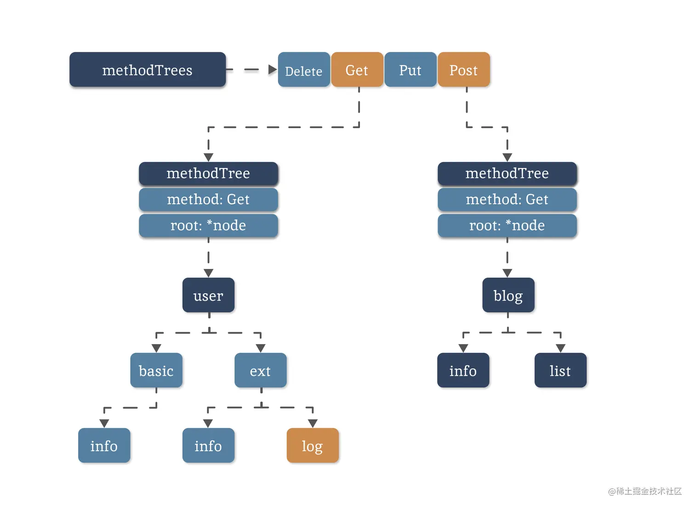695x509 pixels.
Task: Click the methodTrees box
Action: pyautogui.click(x=148, y=70)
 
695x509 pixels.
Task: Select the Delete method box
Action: pyautogui.click(x=304, y=70)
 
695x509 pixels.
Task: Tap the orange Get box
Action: pyautogui.click(x=357, y=70)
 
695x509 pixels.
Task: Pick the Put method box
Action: pyautogui.click(x=410, y=70)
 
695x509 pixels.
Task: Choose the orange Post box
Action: pyautogui.click(x=463, y=70)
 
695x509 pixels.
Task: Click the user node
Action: pyautogui.click(x=208, y=296)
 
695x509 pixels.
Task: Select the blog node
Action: pyautogui.click(x=508, y=296)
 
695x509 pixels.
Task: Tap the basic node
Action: pyautogui.click(x=156, y=370)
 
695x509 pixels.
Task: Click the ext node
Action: pyautogui.click(x=260, y=370)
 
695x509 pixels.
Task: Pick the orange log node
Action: pyautogui.click(x=313, y=446)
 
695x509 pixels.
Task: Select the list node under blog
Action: pyautogui.click(x=560, y=370)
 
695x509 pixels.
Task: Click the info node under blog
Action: pyautogui.click(x=463, y=370)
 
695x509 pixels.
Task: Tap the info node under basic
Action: pyautogui.click(x=104, y=446)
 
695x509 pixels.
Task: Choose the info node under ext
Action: pyautogui.click(x=208, y=446)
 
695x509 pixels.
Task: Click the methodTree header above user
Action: pyautogui.click(x=208, y=173)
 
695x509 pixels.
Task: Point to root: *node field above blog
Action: pyautogui.click(x=507, y=225)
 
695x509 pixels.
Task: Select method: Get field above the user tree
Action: pyautogui.click(x=208, y=199)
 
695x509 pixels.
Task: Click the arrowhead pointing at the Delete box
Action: pyautogui.click(x=273, y=70)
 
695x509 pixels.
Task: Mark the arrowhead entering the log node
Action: pyautogui.click(x=313, y=423)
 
